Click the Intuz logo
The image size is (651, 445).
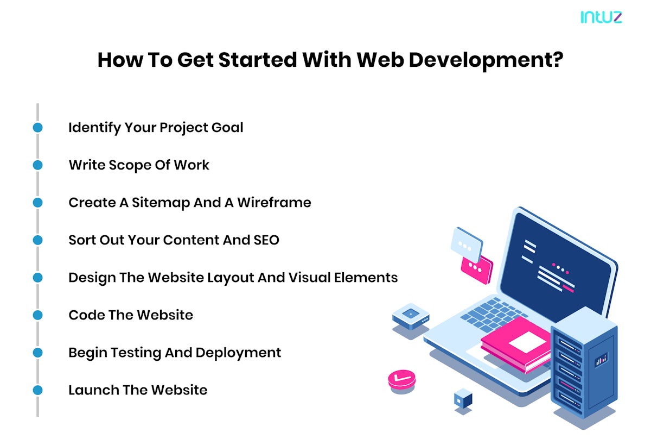click(601, 17)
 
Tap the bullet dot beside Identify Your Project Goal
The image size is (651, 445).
click(37, 128)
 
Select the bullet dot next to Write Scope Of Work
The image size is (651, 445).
click(37, 165)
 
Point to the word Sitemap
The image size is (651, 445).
click(160, 203)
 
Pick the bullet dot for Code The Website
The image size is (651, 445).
click(37, 315)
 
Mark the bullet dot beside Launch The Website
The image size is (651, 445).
click(37, 390)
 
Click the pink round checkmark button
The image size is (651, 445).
click(402, 379)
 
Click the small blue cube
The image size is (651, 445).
click(463, 400)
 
